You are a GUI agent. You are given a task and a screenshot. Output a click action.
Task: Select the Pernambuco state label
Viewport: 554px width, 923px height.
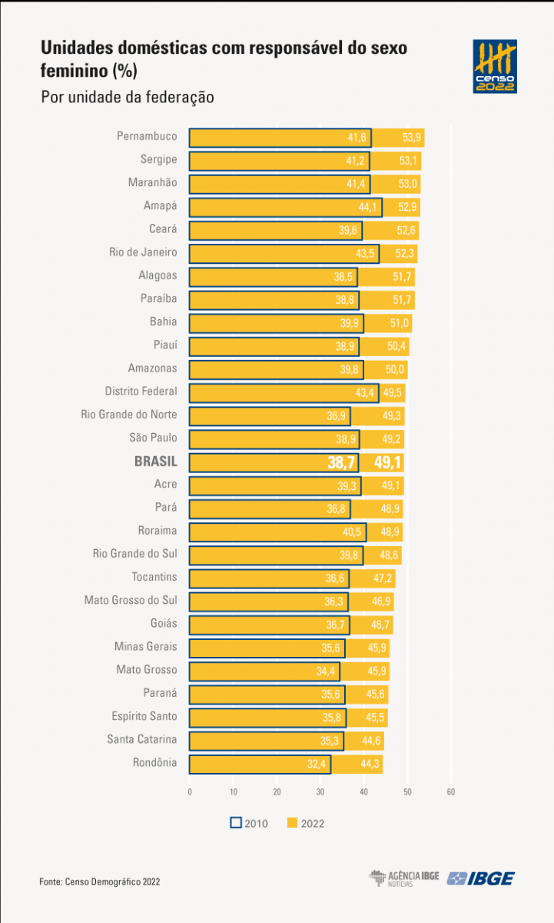147,137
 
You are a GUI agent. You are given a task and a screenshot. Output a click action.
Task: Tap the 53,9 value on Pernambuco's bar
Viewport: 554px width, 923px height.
412,138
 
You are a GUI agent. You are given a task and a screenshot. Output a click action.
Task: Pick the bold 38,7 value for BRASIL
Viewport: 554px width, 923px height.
342,462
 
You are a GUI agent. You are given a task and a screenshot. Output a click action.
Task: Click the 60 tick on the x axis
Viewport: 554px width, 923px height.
451,791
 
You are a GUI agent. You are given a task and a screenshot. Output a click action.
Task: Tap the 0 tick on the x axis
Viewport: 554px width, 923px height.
190,791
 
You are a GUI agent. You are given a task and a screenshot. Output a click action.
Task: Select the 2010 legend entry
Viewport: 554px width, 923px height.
249,823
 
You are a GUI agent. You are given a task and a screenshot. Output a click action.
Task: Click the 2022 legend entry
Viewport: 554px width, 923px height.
306,823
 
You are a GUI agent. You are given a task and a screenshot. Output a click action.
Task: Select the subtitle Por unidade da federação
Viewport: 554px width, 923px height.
127,98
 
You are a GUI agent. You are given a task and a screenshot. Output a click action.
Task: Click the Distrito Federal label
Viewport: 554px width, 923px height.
141,392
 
